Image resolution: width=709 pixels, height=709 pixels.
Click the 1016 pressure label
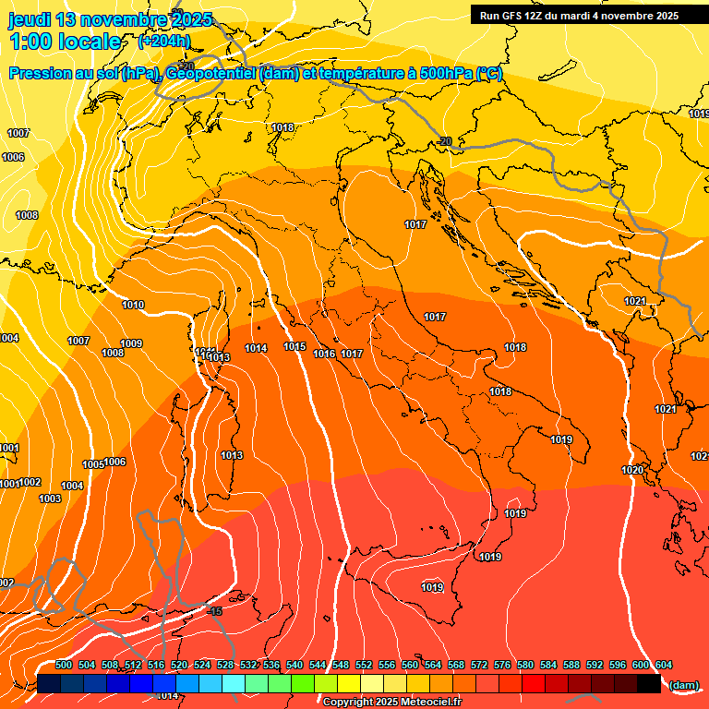(324, 354)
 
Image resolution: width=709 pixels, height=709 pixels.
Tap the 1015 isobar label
(294, 347)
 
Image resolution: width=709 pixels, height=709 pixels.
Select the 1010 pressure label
(133, 305)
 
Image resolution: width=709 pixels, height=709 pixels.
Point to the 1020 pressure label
(632, 471)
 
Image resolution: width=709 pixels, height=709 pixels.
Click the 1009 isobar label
(131, 344)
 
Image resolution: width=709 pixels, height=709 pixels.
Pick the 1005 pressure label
(93, 464)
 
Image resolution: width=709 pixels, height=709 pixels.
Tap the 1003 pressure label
(50, 499)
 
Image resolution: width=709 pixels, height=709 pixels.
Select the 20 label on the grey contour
(446, 141)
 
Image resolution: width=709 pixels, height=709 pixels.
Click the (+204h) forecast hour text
(163, 41)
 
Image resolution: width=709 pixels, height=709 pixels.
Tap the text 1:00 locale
(65, 42)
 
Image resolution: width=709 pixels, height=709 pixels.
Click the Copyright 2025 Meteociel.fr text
(391, 703)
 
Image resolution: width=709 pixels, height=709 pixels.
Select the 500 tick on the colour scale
(64, 665)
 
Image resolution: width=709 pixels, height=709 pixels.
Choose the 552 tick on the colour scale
(364, 665)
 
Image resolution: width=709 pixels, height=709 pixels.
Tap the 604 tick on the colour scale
(664, 665)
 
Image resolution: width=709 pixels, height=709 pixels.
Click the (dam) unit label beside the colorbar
(683, 685)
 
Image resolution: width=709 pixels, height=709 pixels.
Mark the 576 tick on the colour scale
(502, 665)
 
